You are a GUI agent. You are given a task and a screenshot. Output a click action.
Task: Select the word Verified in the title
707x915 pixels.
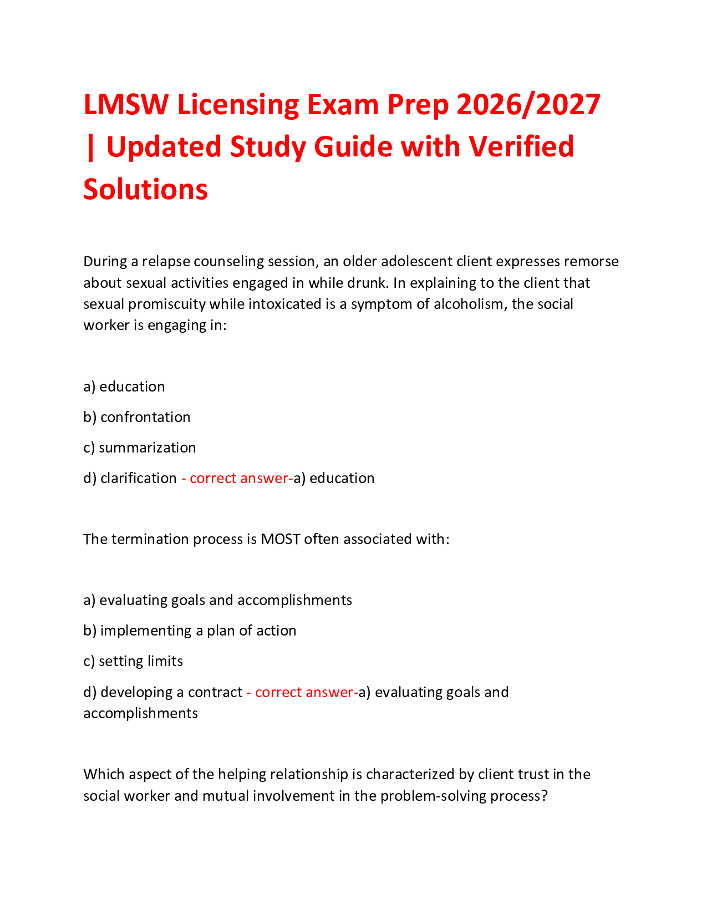[x=521, y=147]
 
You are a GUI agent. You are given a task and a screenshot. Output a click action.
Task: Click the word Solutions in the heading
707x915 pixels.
[x=145, y=189]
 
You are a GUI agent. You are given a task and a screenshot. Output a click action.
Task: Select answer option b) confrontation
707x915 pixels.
[x=137, y=417]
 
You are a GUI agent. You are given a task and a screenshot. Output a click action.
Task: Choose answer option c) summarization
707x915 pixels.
[x=140, y=448]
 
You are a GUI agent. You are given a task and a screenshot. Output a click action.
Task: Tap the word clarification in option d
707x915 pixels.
[x=139, y=478]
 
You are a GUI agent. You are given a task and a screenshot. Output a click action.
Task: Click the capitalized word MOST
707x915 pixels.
[x=281, y=539]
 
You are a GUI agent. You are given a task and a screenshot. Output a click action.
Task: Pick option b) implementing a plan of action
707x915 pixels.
[x=190, y=631]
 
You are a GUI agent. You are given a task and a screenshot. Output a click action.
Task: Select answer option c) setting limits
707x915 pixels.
[x=133, y=661]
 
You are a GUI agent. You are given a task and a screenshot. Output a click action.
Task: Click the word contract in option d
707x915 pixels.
[x=215, y=692]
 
